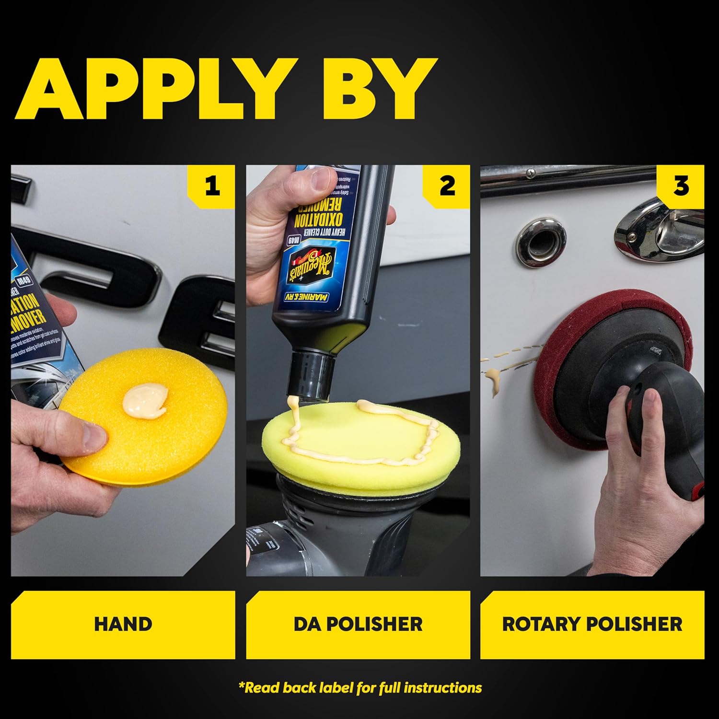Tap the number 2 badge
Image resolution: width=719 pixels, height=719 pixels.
[446, 186]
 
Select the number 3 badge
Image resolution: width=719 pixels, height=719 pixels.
[681, 186]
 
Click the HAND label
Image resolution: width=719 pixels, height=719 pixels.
[123, 624]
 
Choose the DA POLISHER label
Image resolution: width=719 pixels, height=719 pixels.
[358, 624]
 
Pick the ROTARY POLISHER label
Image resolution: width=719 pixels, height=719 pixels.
[592, 624]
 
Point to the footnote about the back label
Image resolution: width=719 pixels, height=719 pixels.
[359, 688]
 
